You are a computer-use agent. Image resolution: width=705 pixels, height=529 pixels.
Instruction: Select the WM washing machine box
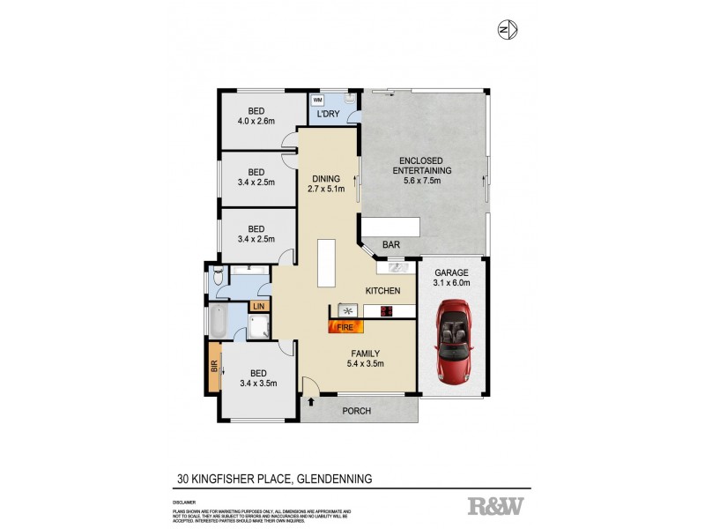(317, 101)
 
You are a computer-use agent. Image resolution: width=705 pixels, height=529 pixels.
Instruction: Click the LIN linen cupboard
(258, 306)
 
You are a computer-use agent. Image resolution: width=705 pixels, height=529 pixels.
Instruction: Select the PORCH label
(357, 411)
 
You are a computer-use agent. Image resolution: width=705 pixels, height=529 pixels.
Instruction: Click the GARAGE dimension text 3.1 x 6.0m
(451, 283)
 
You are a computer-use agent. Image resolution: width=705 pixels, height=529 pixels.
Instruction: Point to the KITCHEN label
(384, 291)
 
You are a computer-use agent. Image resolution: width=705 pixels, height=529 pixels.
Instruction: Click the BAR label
(391, 246)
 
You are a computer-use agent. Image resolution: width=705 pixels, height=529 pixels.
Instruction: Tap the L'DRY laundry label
(329, 115)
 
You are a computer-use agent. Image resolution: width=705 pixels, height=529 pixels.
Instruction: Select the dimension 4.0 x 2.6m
(256, 122)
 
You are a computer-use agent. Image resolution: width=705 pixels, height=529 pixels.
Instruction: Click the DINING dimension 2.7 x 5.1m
(323, 189)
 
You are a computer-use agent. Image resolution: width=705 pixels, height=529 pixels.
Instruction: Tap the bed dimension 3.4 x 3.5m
(258, 383)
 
